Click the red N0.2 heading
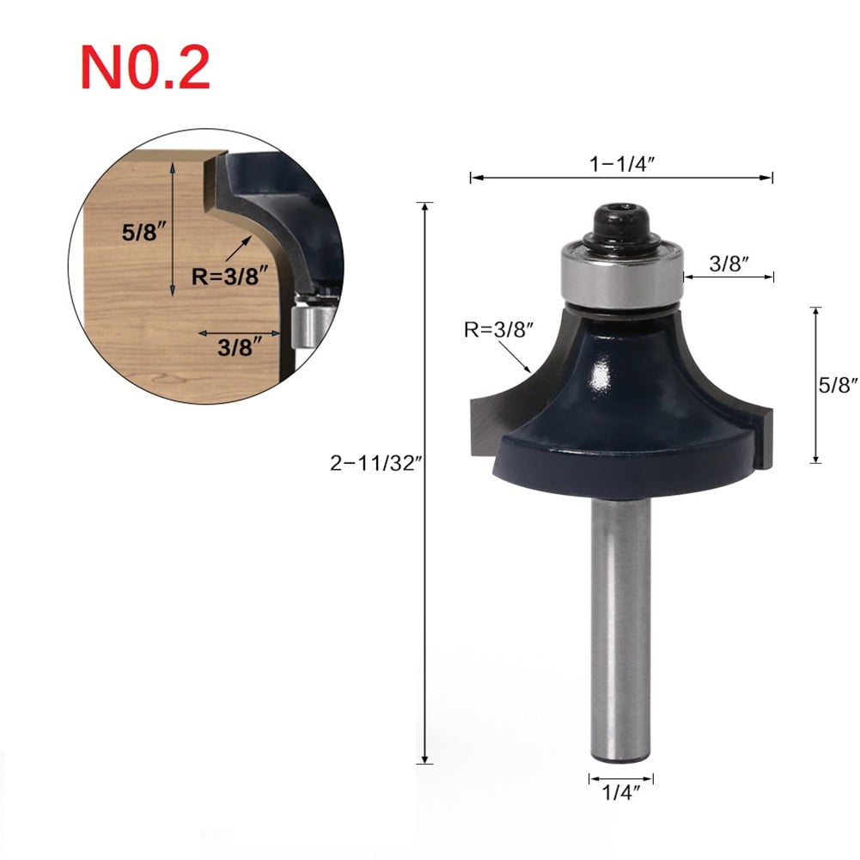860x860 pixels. tap(143, 68)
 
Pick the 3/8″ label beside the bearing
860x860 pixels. tap(730, 264)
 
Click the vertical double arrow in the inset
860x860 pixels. tap(175, 232)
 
